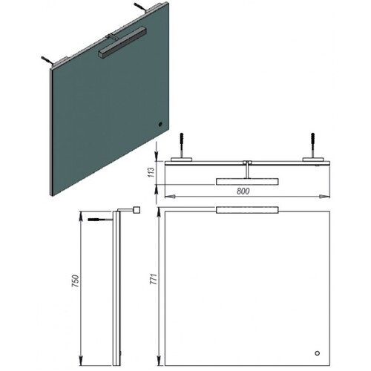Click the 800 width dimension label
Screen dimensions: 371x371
(x=243, y=191)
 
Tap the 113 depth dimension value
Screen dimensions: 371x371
(x=151, y=172)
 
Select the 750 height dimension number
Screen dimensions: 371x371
(x=75, y=280)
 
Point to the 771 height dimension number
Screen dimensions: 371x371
(x=154, y=279)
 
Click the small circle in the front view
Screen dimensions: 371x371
(x=317, y=353)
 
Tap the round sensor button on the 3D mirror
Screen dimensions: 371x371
(x=160, y=124)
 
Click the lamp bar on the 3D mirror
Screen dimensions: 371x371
(x=122, y=42)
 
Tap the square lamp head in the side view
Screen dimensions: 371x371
(x=137, y=210)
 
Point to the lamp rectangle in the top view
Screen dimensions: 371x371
(x=247, y=182)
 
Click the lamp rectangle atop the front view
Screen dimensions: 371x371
(x=247, y=210)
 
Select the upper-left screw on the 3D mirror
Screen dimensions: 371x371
(x=47, y=61)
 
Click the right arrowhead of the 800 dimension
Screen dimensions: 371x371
(x=325, y=197)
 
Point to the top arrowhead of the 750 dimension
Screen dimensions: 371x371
(x=81, y=216)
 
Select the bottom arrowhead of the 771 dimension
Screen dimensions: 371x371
(x=159, y=360)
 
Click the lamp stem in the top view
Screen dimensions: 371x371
(x=247, y=171)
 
